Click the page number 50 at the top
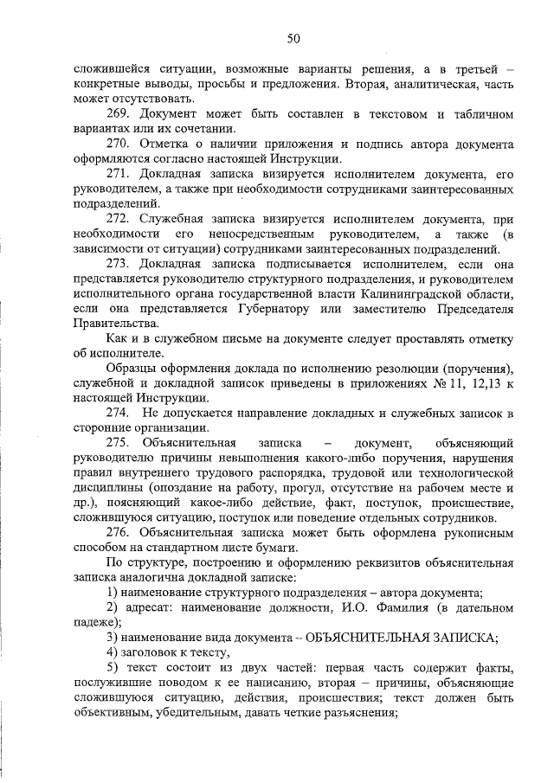pyautogui.click(x=293, y=38)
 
